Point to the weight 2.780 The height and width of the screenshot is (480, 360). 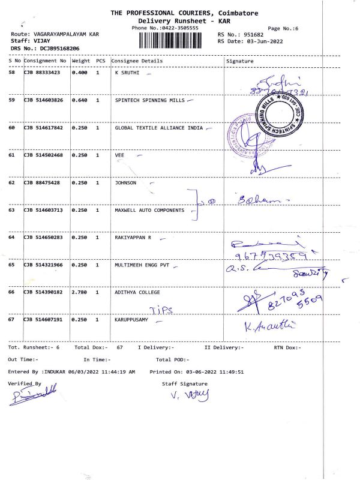tap(80, 292)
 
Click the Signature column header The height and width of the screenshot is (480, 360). tap(240, 61)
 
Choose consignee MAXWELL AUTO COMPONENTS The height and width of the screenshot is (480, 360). tap(149, 211)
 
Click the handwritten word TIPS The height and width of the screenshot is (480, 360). tap(160, 309)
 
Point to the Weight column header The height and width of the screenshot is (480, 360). tap(81, 61)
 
